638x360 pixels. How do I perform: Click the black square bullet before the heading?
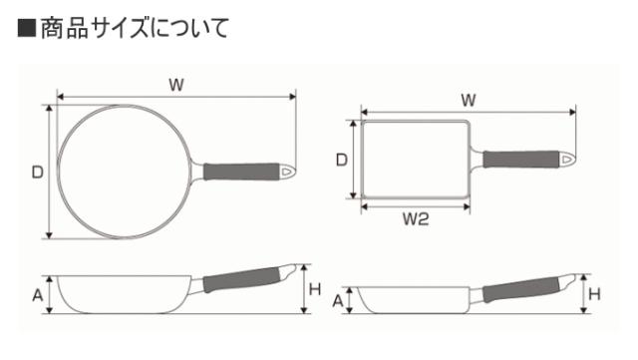pos(27,28)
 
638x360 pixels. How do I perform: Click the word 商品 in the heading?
pos(65,28)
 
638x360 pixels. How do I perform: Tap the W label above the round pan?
pos(176,85)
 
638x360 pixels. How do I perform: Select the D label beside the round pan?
pos(38,173)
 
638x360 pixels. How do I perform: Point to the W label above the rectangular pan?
pos(469,100)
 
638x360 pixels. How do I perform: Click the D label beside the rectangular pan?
pos(342,160)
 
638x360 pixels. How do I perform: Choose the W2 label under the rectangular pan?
pos(416,219)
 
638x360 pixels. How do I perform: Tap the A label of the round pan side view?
pos(38,295)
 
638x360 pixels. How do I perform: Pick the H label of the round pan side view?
pos(315,289)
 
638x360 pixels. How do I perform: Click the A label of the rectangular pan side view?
pos(338,301)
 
